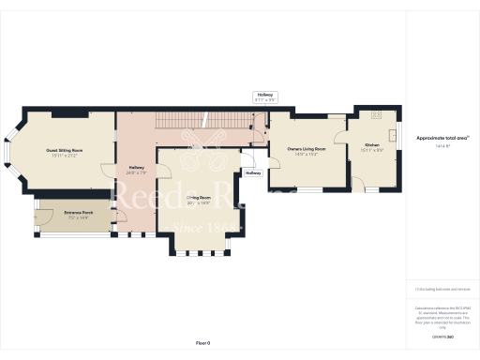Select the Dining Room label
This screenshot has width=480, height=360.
pyautogui.click(x=198, y=199)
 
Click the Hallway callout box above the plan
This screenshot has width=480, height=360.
pyautogui.click(x=265, y=97)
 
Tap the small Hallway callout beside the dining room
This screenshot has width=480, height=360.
pyautogui.click(x=253, y=173)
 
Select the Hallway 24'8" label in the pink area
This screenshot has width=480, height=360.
pyautogui.click(x=136, y=170)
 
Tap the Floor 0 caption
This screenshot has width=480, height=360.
pyautogui.click(x=203, y=343)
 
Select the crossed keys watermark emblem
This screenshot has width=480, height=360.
pyautogui.click(x=200, y=139)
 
